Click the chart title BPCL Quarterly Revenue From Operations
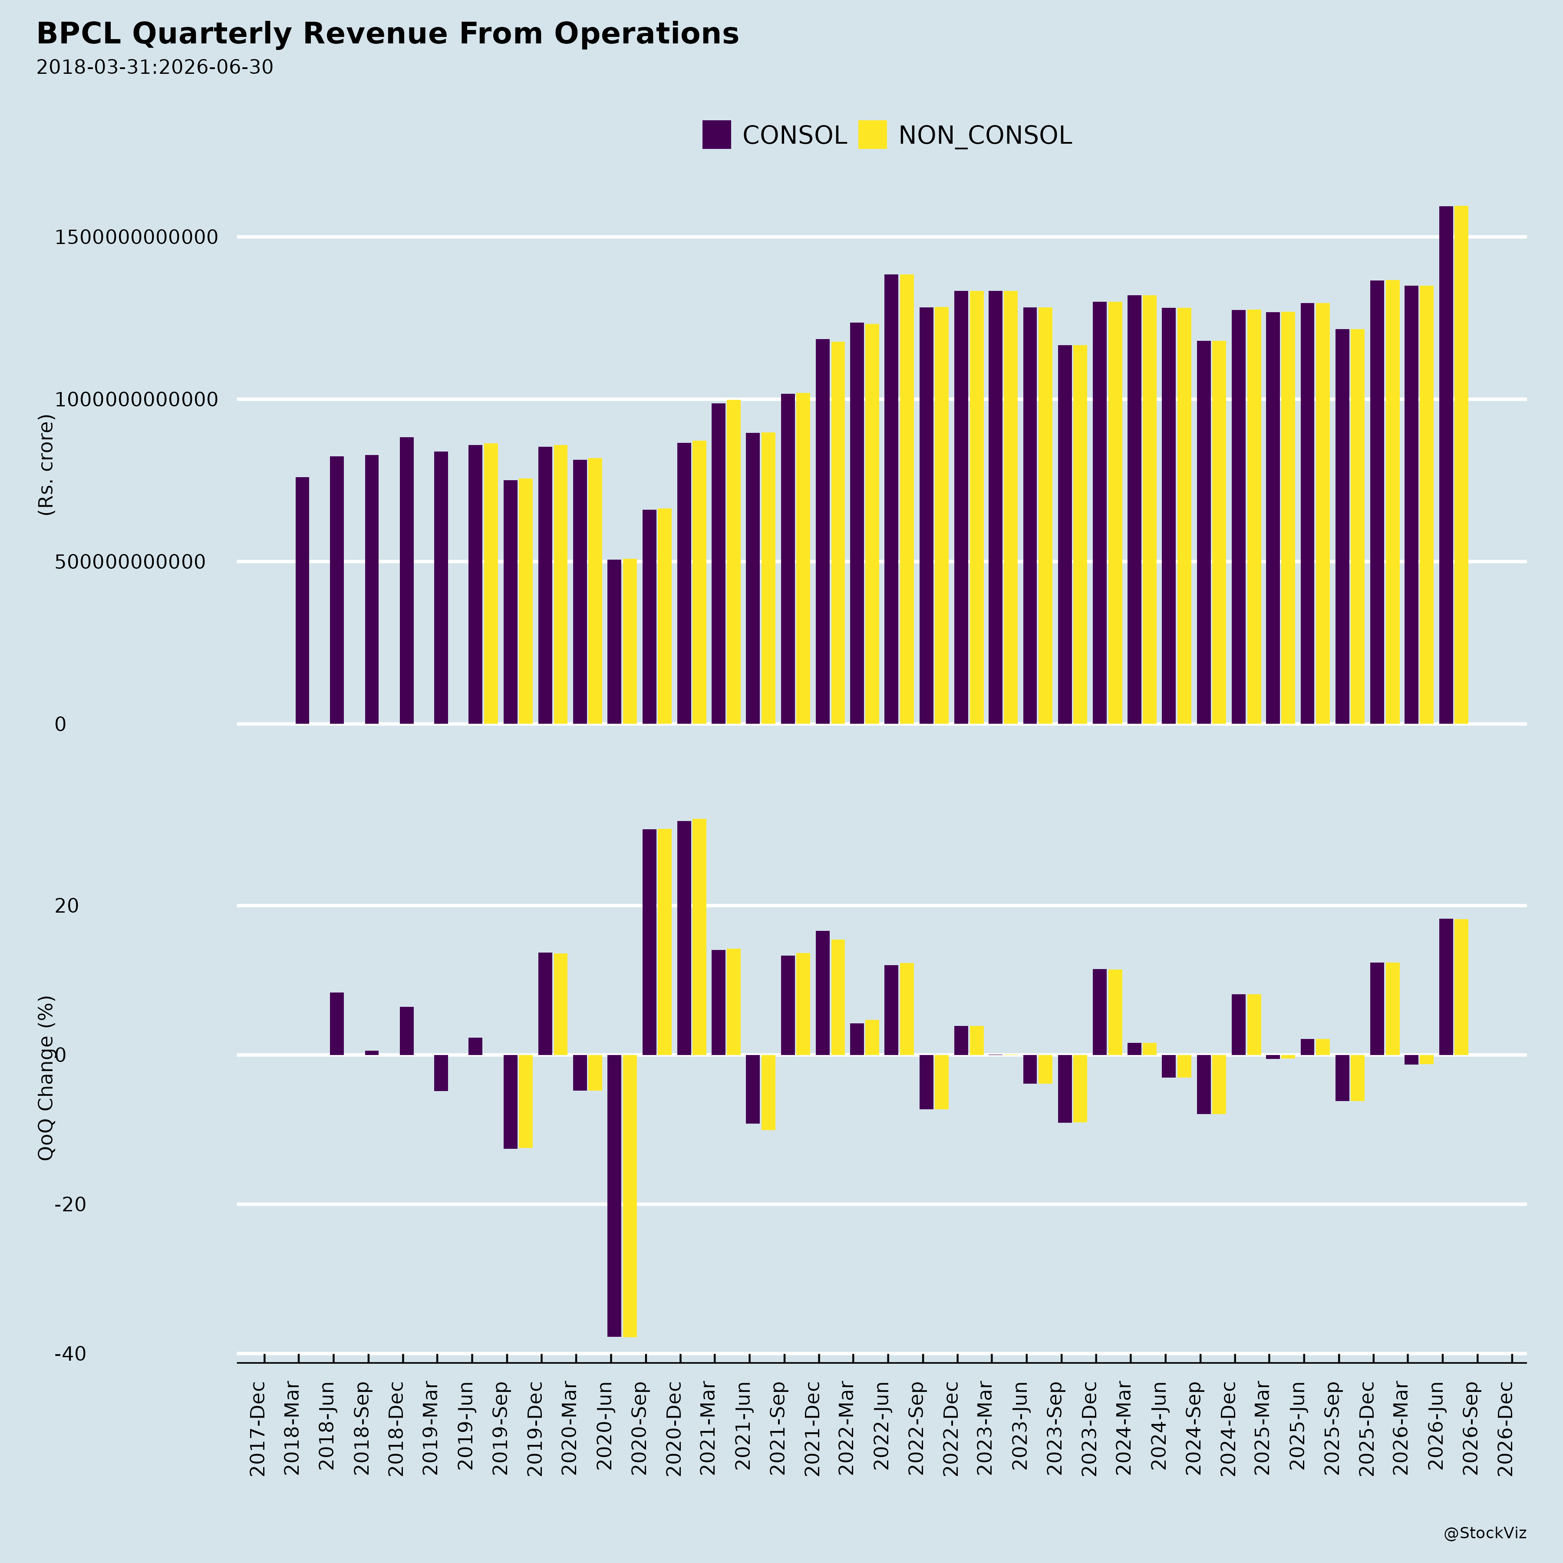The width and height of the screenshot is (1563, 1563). (388, 34)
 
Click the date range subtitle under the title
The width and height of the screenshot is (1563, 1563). (155, 67)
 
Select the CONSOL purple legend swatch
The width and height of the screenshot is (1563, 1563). (716, 134)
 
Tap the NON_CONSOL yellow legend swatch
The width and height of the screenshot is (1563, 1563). (872, 134)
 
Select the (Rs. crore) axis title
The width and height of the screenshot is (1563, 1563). (46, 465)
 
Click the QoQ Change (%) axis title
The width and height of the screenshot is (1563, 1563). (46, 1078)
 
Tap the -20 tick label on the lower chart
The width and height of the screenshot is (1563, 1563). (70, 1205)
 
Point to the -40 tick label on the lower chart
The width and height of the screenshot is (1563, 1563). (70, 1354)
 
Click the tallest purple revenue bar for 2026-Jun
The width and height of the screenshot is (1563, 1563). (1446, 465)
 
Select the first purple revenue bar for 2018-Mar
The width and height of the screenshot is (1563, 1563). (302, 600)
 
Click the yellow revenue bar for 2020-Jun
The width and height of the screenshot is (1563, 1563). (630, 642)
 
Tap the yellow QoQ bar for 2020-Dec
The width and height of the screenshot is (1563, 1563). (699, 937)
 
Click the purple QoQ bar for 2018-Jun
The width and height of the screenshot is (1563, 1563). (336, 1023)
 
